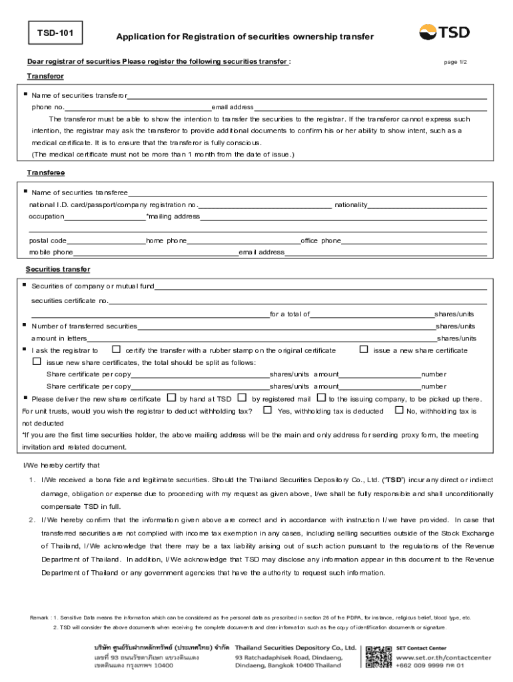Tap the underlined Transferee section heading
[45, 172]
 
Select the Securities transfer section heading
[58, 269]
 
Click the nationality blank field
[426, 204]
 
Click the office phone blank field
[413, 240]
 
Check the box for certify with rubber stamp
[116, 349]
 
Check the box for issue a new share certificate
[364, 349]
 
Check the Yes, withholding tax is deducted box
[267, 410]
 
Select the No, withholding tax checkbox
[399, 410]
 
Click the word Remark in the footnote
[39, 617]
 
